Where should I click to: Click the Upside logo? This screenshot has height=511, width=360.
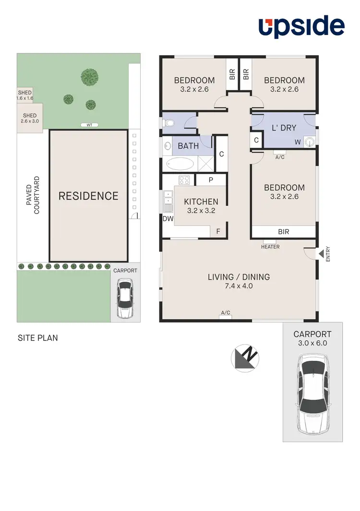coord(302,27)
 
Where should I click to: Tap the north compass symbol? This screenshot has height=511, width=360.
coord(245,358)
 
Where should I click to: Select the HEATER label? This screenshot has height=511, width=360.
coord(270,247)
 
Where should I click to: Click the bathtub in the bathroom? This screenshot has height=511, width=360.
coord(180,164)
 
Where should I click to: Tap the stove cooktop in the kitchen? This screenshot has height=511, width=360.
coord(184,180)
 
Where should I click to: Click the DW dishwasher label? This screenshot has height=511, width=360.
coord(168,219)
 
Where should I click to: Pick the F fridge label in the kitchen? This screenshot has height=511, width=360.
coord(218,231)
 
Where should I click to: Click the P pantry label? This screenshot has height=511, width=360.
coord(211,180)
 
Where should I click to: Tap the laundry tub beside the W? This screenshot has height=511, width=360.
coord(310,142)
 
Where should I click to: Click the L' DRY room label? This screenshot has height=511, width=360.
coord(284,128)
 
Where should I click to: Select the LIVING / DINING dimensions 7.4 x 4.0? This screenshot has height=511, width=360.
coord(239,286)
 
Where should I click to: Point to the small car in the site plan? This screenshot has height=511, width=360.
coord(125,299)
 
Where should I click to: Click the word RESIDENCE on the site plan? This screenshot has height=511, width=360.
coord(88,196)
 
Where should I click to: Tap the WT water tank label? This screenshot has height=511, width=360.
coord(89,125)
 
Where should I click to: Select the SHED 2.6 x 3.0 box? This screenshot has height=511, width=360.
coord(30,118)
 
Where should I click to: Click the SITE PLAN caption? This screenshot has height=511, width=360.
coord(38,338)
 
